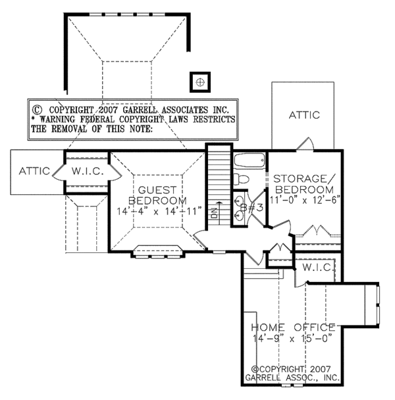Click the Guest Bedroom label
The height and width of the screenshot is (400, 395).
(157, 196)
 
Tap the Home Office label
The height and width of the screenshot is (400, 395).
(293, 328)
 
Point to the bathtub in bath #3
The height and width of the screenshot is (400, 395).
(250, 160)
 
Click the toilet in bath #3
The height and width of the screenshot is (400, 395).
(241, 179)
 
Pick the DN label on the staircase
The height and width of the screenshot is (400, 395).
(215, 213)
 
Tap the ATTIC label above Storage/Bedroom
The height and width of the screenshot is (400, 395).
(304, 115)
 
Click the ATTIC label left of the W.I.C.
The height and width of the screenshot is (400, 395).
(34, 171)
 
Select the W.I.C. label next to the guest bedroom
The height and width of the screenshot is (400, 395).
(88, 171)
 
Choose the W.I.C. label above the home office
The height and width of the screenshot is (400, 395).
(318, 268)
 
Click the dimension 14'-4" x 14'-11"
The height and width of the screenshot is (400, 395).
(159, 212)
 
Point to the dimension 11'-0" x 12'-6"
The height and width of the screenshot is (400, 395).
(305, 200)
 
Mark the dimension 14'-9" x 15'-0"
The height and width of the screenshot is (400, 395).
(293, 338)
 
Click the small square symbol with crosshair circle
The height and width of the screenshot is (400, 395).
(200, 82)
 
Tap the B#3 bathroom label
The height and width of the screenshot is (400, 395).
(251, 208)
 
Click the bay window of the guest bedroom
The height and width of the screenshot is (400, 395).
(157, 252)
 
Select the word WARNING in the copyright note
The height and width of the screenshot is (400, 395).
(57, 119)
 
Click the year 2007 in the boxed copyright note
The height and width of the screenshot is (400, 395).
(107, 110)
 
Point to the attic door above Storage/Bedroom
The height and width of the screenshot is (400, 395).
(305, 144)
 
